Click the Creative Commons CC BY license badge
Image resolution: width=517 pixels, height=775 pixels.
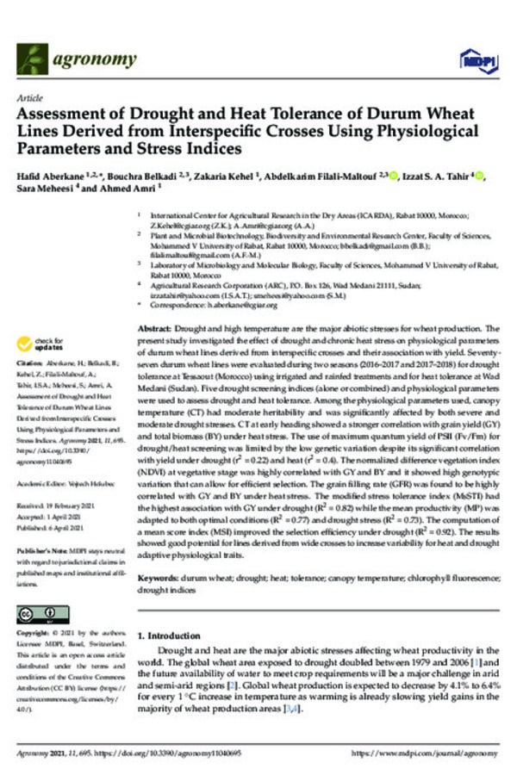pos(40,613)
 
